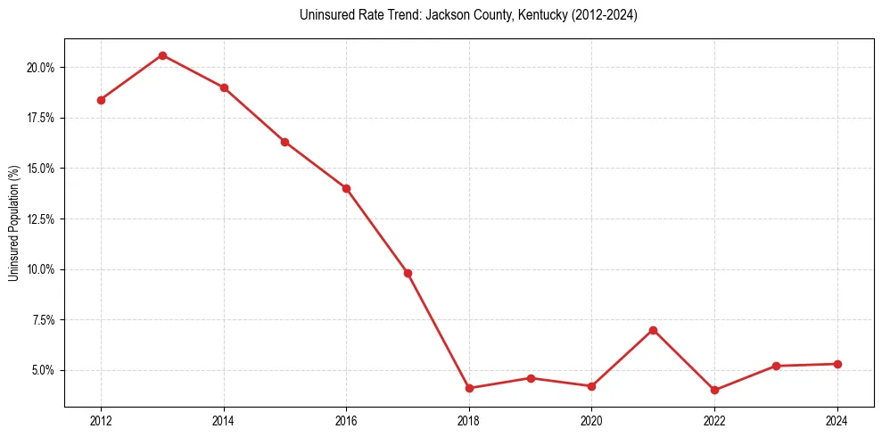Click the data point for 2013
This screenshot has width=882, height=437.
point(162,55)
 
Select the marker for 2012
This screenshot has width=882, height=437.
point(101,100)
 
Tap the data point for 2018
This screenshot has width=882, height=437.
point(469,388)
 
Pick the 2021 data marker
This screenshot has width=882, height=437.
point(653,330)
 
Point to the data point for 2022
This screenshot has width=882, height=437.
point(714,390)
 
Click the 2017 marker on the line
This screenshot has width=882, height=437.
point(408,273)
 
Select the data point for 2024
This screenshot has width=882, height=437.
point(837,364)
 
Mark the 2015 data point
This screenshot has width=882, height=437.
point(284,142)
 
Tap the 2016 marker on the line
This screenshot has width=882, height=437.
point(346,188)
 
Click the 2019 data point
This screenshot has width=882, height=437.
point(531,378)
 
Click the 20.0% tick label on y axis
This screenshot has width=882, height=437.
point(42,68)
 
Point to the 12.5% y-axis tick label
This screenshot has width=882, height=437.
point(42,218)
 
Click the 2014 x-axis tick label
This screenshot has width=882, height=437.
point(224,421)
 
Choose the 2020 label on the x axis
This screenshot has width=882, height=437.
point(591,421)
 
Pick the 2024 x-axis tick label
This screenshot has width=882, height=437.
point(837,421)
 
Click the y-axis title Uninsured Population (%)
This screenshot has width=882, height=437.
point(13,222)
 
